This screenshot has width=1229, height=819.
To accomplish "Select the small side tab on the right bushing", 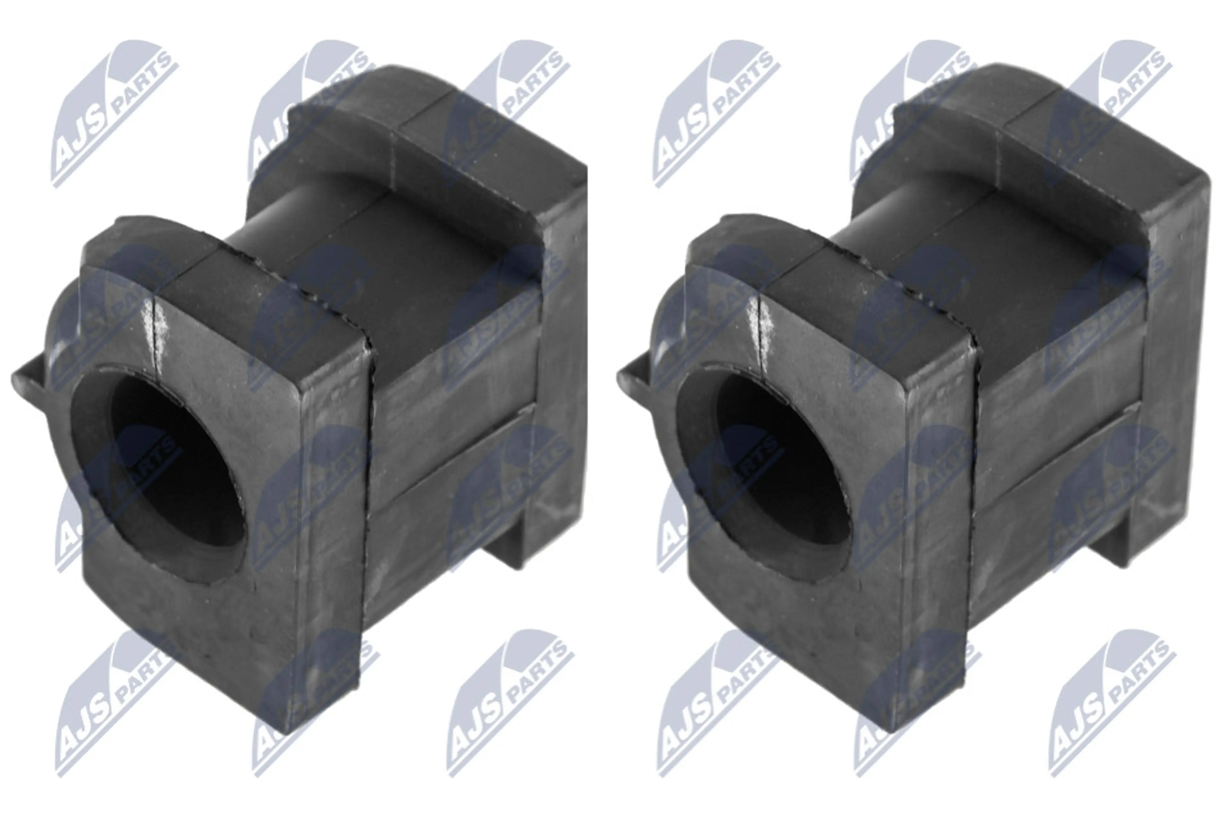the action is pos(635,381).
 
